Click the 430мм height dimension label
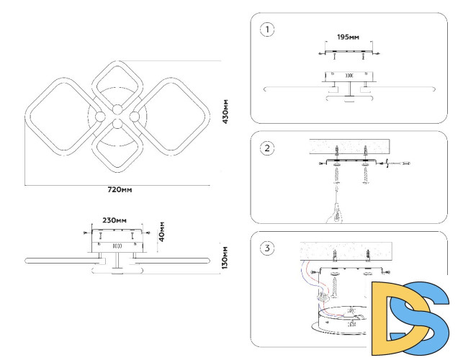click(x=225, y=112)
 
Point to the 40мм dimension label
click(x=162, y=230)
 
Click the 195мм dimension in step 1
click(x=349, y=36)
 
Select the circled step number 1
click(x=268, y=30)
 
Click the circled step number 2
click(x=268, y=148)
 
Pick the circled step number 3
click(x=268, y=248)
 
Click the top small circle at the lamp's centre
click(x=117, y=109)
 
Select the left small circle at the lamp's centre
click(x=99, y=117)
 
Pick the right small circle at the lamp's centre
click(x=134, y=117)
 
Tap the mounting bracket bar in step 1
click(x=349, y=52)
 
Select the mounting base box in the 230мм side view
click(x=116, y=240)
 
